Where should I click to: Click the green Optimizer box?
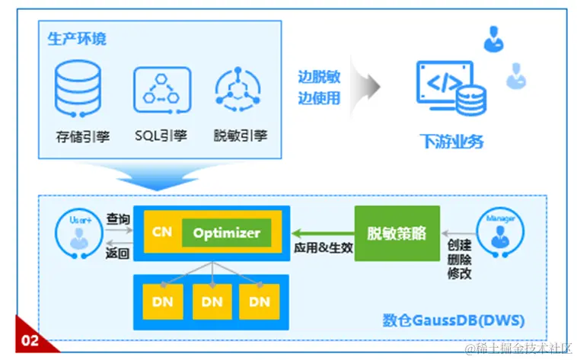[x=226, y=233]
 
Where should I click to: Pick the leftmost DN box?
[x=166, y=301]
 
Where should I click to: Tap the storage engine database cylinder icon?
[x=78, y=88]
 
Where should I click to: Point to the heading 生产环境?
[x=76, y=40]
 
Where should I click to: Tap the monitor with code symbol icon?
[x=445, y=87]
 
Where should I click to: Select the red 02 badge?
[x=30, y=340]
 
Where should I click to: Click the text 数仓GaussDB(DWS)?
[x=453, y=320]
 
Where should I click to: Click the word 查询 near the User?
[x=118, y=219]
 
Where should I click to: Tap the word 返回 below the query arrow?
[x=118, y=252]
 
